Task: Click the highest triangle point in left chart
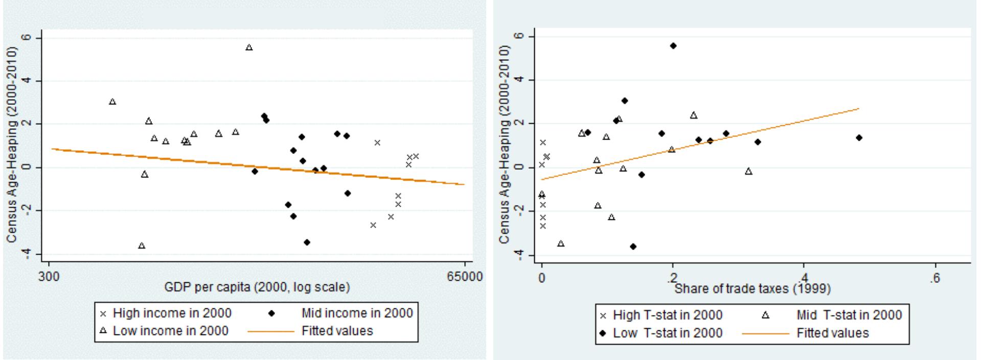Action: pos(249,48)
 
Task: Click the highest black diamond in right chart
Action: pos(673,46)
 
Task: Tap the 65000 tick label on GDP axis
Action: pos(464,277)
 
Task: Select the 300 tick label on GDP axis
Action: pos(49,277)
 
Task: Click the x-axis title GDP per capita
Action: pos(257,287)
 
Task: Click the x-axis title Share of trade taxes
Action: pos(752,289)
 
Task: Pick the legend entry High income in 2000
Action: pos(172,313)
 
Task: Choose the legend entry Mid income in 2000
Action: pos(357,313)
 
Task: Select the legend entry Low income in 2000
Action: pos(170,331)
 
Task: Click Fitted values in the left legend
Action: pos(337,331)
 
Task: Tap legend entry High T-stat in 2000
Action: pos(668,315)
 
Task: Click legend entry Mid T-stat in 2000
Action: pos(849,315)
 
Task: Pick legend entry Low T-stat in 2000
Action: pos(668,333)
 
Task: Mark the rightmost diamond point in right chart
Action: pos(859,138)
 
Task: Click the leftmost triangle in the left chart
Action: pos(112,102)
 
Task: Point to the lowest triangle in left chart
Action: pos(142,246)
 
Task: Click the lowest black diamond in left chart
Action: pos(307,242)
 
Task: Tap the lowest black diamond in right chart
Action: pos(633,246)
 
